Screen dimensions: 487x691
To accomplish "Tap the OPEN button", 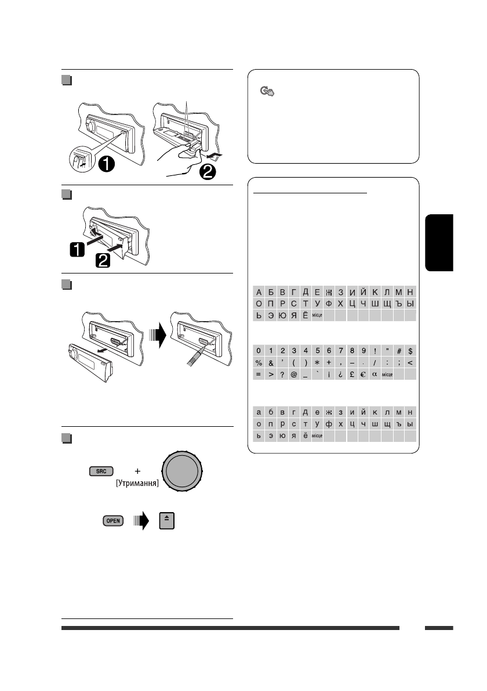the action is point(112,521).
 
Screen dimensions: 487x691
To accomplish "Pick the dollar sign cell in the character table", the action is point(410,351).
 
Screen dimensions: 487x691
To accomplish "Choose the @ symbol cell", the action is point(294,375).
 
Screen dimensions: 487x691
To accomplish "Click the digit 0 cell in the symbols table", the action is point(259,351).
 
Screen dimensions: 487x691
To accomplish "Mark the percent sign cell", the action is point(259,363).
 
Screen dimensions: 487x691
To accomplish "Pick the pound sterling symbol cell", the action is point(352,375).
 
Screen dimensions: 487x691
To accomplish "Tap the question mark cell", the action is point(282,375).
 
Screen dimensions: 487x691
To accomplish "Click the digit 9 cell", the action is point(364,351).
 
